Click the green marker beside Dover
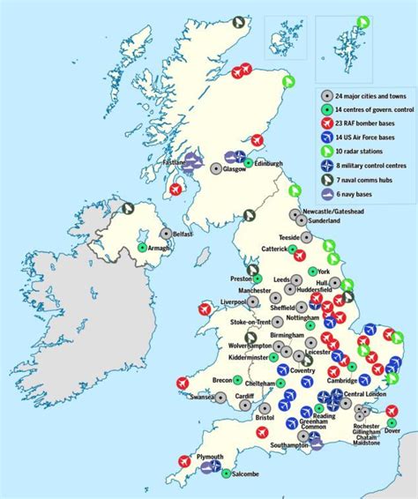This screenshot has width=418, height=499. pos(392,423)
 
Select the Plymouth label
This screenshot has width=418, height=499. pos(210,457)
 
